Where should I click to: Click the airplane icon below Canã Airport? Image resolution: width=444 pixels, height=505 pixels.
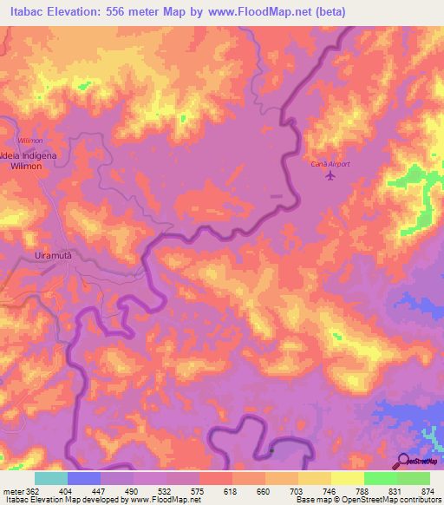pos(330,176)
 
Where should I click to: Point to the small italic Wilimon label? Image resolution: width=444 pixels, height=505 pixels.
pos(30,140)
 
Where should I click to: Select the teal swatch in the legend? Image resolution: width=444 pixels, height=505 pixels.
pos(51,478)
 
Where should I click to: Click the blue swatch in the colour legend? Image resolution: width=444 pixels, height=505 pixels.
pos(84,478)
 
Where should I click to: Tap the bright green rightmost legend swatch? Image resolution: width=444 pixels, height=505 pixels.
pos(413,478)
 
